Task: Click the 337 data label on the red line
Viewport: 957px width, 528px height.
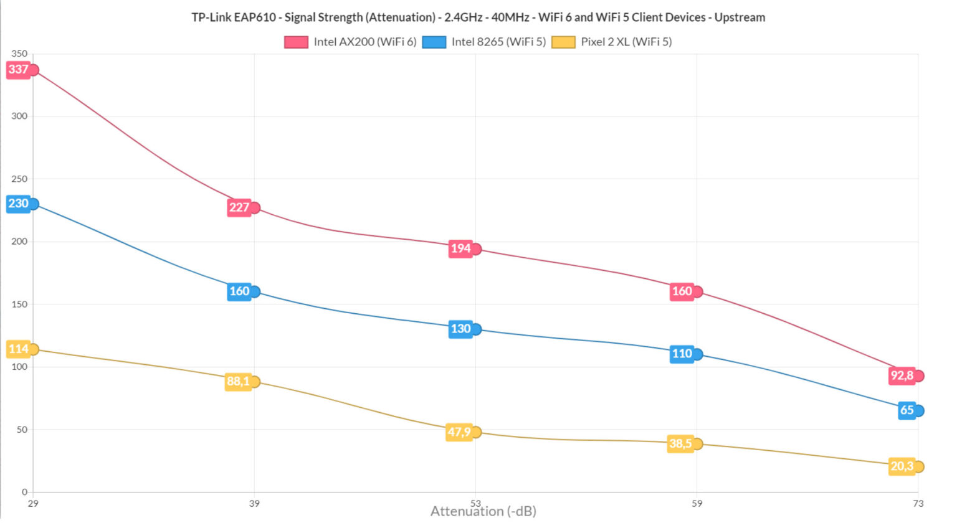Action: coord(18,70)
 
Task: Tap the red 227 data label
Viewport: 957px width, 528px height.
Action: coord(239,207)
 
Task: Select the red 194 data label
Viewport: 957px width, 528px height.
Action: coord(460,249)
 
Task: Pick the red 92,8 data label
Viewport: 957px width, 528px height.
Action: coord(902,375)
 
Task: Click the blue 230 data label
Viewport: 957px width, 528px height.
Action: coord(18,204)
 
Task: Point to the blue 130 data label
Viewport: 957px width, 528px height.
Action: coord(460,329)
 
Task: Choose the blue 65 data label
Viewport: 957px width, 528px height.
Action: coord(907,410)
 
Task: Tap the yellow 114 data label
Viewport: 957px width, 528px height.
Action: coord(18,349)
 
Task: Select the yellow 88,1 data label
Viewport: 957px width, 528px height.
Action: coord(238,382)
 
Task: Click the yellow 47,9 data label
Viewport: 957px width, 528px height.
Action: coord(459,432)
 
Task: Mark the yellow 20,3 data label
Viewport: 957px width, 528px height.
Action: coord(902,466)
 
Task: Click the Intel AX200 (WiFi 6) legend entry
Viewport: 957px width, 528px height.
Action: coord(351,42)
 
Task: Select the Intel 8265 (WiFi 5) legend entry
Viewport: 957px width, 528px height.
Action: coord(484,42)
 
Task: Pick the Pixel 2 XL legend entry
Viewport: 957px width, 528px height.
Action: coord(612,42)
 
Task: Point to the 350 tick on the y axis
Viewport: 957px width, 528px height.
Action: coord(19,54)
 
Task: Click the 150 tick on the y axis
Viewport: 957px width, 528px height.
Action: coord(19,304)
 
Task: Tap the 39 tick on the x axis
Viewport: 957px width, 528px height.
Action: coord(254,503)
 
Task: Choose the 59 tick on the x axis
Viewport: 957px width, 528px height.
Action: coord(697,503)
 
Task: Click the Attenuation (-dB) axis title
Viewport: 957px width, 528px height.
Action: coord(483,512)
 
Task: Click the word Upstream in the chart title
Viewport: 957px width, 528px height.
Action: coord(740,17)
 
